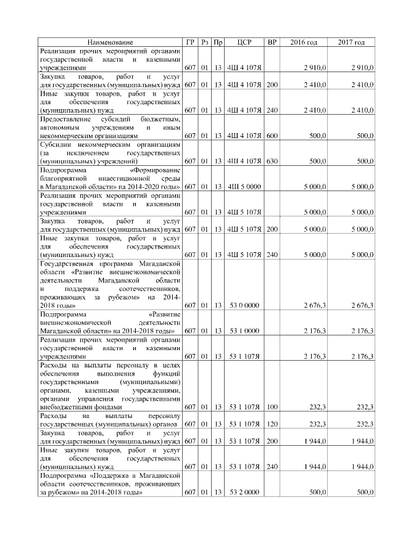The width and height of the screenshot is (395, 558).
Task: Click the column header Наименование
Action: click(109, 43)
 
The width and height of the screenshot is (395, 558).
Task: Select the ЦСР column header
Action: click(244, 43)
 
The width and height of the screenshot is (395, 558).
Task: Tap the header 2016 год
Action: click(304, 43)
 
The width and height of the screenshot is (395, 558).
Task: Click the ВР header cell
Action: click(272, 43)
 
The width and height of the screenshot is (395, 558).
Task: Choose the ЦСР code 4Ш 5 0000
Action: click(244, 186)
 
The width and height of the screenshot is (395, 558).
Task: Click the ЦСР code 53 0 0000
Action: click(244, 305)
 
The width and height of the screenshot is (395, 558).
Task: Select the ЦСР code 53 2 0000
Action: click(244, 492)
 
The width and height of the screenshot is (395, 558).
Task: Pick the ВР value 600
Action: click(272, 134)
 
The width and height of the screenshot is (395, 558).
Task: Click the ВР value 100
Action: click(272, 407)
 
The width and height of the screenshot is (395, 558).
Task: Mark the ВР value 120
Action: click(272, 424)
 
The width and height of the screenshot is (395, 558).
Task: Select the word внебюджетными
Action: click(62, 407)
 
